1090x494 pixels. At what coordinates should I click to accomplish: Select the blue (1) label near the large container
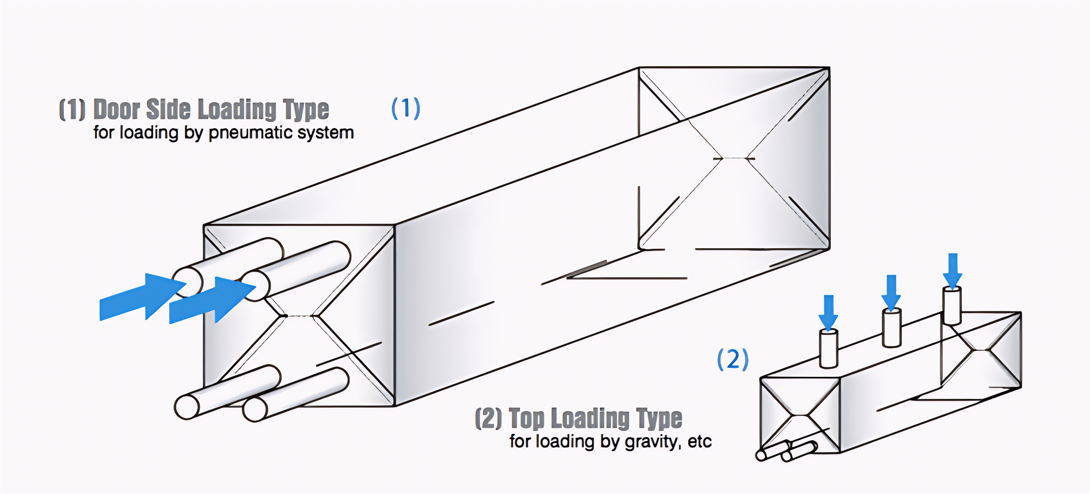point(406,108)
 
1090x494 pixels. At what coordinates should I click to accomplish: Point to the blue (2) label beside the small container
point(732,359)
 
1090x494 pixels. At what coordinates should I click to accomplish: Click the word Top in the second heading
point(526,418)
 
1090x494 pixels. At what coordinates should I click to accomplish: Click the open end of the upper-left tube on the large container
point(187,282)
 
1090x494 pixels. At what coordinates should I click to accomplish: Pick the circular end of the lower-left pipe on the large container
point(187,407)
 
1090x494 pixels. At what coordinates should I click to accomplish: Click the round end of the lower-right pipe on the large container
point(255,409)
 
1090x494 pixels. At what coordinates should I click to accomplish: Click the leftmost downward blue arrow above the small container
point(828,313)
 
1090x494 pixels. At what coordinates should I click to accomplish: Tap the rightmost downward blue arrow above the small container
point(953,271)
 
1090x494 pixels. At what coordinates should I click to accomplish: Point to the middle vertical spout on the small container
point(891,328)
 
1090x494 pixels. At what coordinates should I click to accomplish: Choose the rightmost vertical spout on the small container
point(952,306)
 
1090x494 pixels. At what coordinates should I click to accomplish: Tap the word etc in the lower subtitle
point(699,442)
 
